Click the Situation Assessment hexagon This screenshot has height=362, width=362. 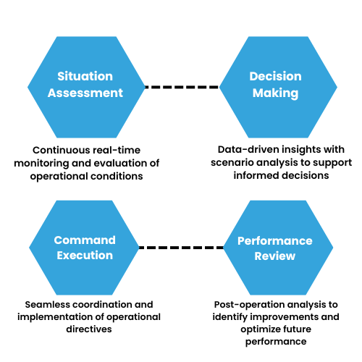(x=86, y=84)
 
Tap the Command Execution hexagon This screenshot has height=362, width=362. (x=85, y=248)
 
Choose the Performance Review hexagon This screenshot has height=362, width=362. (x=275, y=248)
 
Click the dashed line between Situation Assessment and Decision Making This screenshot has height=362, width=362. (x=182, y=87)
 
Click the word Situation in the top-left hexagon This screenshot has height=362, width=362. (x=86, y=76)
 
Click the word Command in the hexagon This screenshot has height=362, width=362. (x=85, y=240)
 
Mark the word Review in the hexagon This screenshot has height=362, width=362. (x=275, y=256)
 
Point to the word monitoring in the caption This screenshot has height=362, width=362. (x=43, y=162)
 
